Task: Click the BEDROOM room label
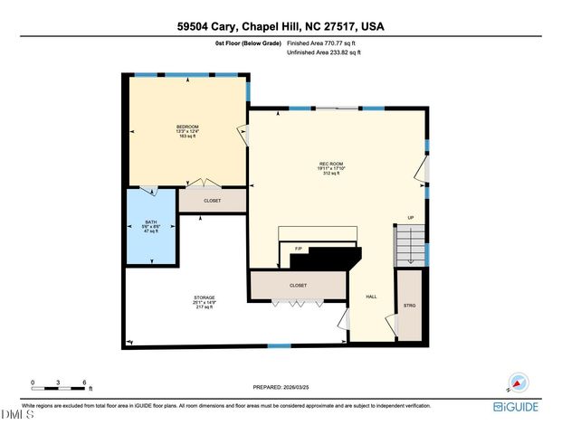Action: click(x=187, y=126)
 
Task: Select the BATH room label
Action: click(x=151, y=222)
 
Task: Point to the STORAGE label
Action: click(x=204, y=297)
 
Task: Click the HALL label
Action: click(x=371, y=297)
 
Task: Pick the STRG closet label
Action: click(x=409, y=304)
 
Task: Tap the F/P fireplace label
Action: click(x=298, y=248)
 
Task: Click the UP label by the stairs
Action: click(x=410, y=218)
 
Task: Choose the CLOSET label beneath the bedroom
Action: click(x=212, y=201)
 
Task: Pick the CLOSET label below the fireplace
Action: click(x=298, y=285)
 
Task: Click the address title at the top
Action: click(x=281, y=27)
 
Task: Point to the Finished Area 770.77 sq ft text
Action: click(x=322, y=42)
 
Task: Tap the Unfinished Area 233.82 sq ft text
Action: click(x=323, y=53)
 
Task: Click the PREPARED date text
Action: click(x=281, y=387)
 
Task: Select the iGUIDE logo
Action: click(x=517, y=407)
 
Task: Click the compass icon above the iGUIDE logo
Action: click(x=517, y=383)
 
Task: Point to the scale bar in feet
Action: click(x=60, y=387)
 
